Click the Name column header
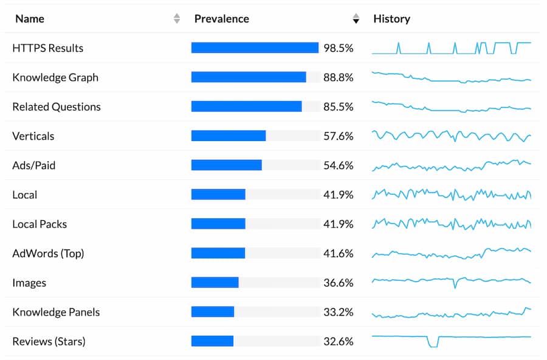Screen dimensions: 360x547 (30, 19)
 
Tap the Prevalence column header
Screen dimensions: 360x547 (221, 19)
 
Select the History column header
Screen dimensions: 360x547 (391, 19)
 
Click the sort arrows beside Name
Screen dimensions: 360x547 (177, 19)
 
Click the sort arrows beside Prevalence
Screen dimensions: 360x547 (356, 19)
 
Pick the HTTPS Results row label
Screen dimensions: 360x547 (47, 48)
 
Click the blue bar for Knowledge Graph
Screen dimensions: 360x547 (248, 77)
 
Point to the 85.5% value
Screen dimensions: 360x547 (338, 106)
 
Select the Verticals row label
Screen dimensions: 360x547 (33, 136)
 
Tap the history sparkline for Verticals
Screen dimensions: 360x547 (451, 136)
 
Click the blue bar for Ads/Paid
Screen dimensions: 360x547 (226, 165)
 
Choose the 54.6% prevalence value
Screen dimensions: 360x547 (338, 165)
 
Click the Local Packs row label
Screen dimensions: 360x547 (40, 224)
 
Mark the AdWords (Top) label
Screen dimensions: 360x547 (48, 254)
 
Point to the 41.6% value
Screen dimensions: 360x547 (338, 254)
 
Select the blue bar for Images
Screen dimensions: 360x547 (215, 283)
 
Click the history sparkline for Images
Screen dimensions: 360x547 (451, 281)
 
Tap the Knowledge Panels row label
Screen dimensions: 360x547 (56, 312)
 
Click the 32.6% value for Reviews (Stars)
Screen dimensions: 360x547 (338, 341)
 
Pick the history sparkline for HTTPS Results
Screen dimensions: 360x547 (451, 48)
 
